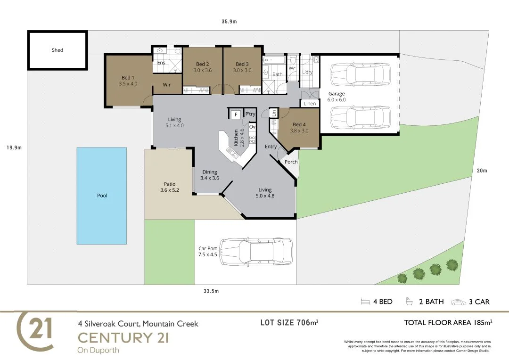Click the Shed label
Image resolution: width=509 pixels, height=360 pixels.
coord(57,50)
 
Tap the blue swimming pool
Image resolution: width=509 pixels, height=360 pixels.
coord(102,196)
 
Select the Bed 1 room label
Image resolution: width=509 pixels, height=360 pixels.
coord(128,78)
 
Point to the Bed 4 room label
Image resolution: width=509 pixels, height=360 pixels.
coord(299,124)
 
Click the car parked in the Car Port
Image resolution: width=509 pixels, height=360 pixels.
coord(256,252)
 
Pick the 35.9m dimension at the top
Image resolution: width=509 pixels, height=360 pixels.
coord(229,21)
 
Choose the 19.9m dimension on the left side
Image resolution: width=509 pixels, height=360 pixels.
coord(14,147)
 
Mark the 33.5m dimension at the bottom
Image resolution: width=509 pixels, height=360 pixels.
coord(211,291)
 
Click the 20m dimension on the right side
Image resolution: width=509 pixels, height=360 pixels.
coord(482,171)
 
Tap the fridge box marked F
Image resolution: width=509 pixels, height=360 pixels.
coord(236,114)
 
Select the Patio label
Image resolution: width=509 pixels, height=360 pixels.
coord(170,184)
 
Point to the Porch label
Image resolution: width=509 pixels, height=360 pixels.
coord(291,162)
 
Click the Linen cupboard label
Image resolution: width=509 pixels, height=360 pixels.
coord(310,104)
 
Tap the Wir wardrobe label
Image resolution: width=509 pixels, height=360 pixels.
coord(166,85)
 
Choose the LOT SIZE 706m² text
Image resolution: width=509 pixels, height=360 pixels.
coord(289,322)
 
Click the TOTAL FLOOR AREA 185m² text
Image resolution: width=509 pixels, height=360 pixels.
coord(448,322)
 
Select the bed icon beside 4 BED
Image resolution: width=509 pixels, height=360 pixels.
coord(365,302)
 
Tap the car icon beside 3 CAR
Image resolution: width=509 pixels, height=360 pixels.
coord(459,302)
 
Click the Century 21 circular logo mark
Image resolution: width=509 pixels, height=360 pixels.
coord(35,331)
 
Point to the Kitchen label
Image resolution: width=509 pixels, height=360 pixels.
coord(236,138)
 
